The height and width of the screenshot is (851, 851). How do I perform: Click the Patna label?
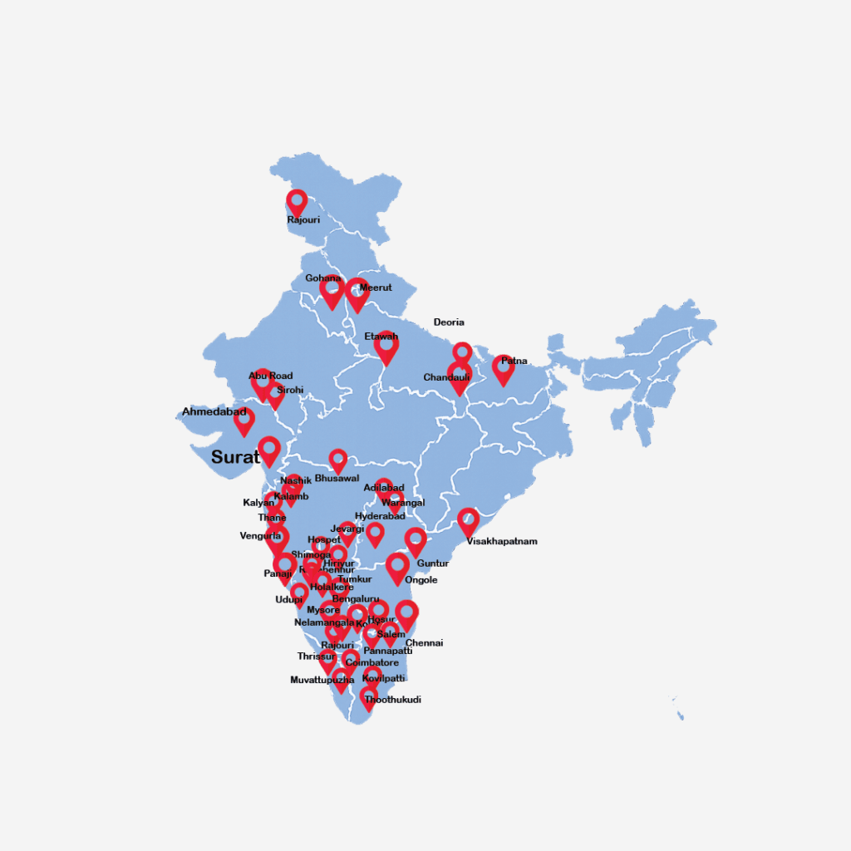(514, 361)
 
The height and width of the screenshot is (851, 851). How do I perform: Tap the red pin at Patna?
(503, 368)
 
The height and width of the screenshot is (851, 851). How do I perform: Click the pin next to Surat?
(268, 450)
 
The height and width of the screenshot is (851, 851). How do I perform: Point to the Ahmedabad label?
(214, 411)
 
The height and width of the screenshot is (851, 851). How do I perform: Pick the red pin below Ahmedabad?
(243, 421)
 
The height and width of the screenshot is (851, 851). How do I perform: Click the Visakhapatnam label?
(502, 541)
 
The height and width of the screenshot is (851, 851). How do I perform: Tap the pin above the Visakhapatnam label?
(468, 521)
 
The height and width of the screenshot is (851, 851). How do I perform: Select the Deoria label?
(449, 322)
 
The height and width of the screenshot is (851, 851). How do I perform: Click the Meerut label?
(376, 288)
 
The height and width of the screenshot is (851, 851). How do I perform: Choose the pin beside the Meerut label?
(357, 293)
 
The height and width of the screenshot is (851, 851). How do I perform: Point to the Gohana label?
(322, 278)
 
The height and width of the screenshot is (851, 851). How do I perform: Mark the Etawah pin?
(386, 347)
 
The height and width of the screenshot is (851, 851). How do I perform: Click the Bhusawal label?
(337, 478)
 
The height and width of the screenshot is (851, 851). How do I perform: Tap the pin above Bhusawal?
(337, 460)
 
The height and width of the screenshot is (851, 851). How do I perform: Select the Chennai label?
(424, 642)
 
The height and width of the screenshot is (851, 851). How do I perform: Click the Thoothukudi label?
(392, 700)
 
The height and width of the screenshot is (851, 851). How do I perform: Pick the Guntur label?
(432, 563)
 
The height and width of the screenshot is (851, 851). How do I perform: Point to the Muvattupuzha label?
(322, 680)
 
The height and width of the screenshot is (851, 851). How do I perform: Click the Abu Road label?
(270, 376)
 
